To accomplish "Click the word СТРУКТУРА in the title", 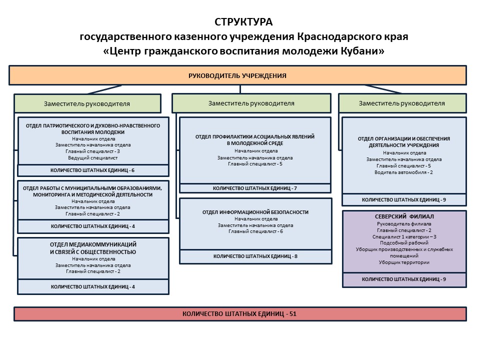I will point(243,22).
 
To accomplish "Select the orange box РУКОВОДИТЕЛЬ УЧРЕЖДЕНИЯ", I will point(237,75).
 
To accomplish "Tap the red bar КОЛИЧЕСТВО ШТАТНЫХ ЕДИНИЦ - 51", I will point(239,314).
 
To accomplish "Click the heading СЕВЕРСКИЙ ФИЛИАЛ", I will point(404,217).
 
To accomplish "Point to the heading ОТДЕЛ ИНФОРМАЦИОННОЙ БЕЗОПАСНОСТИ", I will point(255,212).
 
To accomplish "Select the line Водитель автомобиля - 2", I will point(403,172).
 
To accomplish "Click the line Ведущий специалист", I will point(93,157).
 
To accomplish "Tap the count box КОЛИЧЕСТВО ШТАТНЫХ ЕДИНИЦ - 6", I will point(93,170).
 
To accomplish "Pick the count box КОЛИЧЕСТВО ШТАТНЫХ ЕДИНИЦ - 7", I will point(255,188).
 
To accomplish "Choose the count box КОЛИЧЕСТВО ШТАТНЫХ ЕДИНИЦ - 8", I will point(255,256).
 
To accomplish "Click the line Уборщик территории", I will point(404,262).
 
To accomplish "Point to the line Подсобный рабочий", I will point(404,243).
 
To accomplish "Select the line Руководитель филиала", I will point(404,224).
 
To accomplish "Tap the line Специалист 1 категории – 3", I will point(404,236).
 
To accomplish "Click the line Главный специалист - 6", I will point(255,231).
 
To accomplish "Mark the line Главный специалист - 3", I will point(93,151).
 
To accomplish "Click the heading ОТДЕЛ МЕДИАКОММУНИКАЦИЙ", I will point(93,244).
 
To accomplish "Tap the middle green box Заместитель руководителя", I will point(251,103).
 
